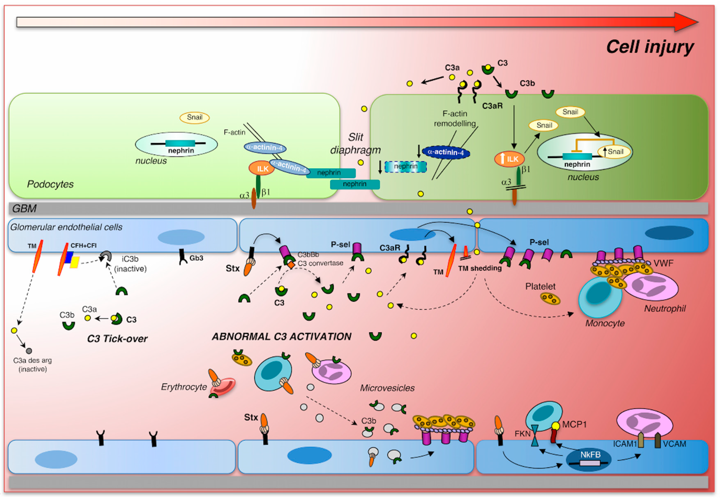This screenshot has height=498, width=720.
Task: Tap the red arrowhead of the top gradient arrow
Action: click(686, 22)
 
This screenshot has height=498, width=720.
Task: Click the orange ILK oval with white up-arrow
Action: click(509, 159)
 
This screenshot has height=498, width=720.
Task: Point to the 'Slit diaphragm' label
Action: click(355, 144)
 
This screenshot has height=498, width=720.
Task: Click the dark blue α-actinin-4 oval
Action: click(445, 152)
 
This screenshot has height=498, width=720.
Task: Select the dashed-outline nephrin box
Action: click(405, 166)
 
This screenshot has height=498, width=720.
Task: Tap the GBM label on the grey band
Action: click(24, 208)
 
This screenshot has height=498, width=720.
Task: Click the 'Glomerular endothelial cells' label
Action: click(66, 227)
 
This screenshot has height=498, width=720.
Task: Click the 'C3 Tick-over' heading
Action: click(117, 339)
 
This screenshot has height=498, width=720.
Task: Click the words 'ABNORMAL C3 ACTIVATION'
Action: click(282, 336)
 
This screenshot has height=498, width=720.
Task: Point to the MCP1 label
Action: click(574, 424)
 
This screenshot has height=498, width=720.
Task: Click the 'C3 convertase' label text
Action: click(320, 263)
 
